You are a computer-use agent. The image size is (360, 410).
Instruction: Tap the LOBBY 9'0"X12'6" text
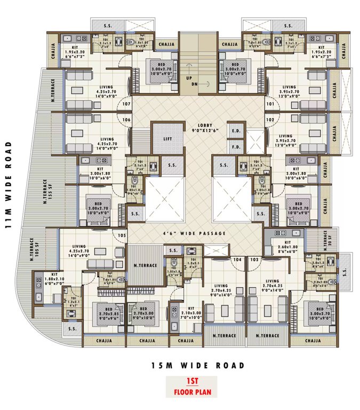click(205, 128)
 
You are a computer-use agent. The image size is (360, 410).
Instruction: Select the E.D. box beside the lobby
click(235, 130)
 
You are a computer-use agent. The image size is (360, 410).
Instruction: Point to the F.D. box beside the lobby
click(235, 145)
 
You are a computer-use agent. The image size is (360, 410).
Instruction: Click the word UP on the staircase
click(189, 77)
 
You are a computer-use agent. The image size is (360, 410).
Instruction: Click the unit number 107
click(127, 104)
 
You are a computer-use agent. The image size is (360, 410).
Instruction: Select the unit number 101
click(270, 104)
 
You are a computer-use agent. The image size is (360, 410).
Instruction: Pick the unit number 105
click(122, 235)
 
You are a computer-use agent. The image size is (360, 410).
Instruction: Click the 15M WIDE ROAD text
click(197, 366)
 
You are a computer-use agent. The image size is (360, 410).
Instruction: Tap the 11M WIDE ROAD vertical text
click(8, 184)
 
